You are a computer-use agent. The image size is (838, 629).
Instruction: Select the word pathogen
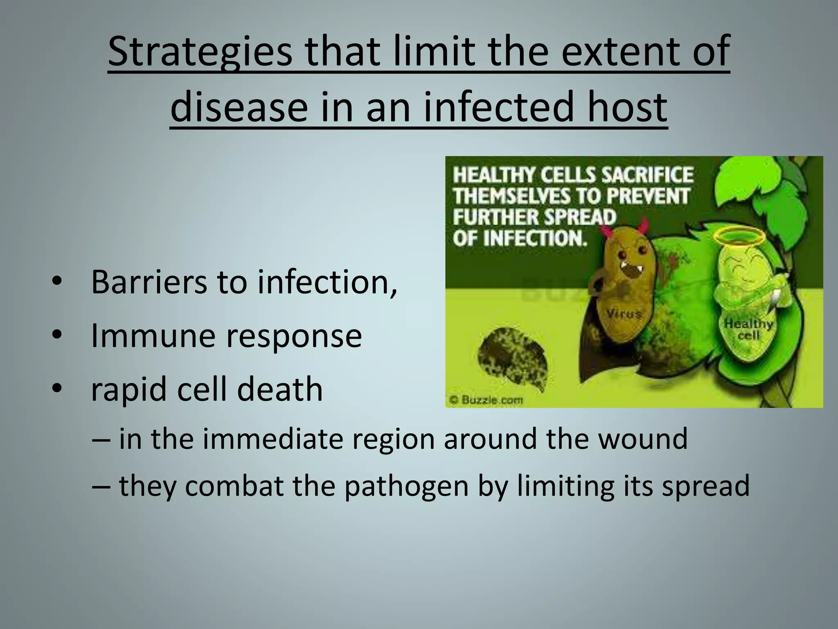click(x=405, y=486)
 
